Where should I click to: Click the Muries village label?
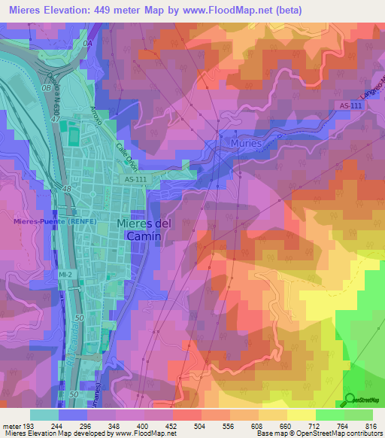247,143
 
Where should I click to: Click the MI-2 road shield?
66,275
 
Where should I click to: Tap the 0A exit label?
87,45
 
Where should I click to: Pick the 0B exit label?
47,88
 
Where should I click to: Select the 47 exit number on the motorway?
54,119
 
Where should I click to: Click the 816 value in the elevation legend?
359,425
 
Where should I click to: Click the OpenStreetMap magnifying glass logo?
350,400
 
